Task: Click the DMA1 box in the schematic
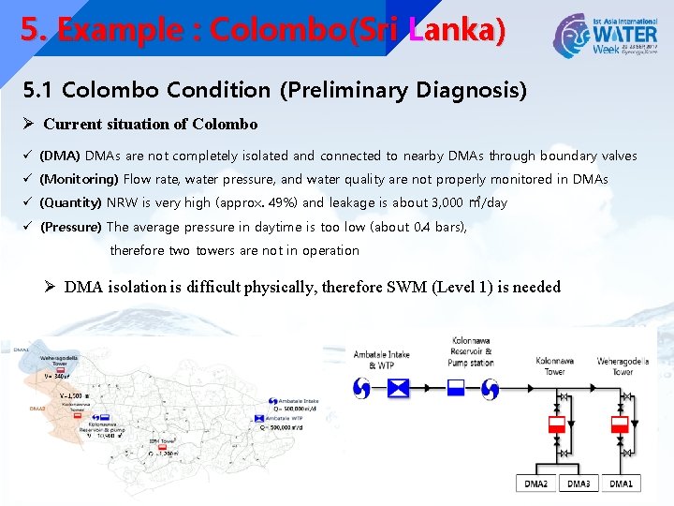[621, 484]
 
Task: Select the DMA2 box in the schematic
[536, 484]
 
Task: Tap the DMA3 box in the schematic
[579, 484]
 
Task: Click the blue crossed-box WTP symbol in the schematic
[400, 389]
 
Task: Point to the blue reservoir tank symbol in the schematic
[457, 389]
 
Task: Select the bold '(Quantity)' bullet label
[71, 202]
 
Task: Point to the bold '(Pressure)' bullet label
[71, 227]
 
